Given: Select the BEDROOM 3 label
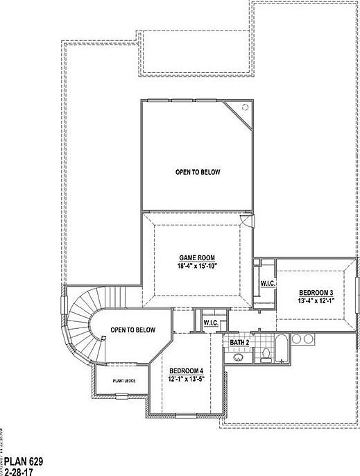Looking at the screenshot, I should coord(316,292).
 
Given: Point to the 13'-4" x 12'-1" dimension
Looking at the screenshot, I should coord(316,300).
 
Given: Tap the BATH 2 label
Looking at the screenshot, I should coord(239,343).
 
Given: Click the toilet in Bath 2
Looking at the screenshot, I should coord(266,355).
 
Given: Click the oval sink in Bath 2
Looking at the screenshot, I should coord(237,357).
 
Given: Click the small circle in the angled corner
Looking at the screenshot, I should coord(244,107).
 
